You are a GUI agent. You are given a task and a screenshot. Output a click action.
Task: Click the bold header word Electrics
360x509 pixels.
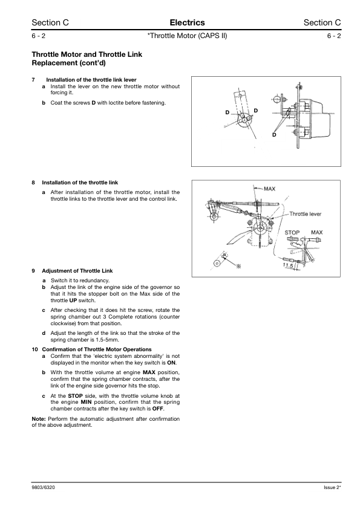pyautogui.click(x=187, y=22)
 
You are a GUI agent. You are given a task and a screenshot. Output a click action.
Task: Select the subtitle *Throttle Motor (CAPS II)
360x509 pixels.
pyautogui.click(x=187, y=36)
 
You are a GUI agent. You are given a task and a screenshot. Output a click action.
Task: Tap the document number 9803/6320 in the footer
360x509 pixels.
pyautogui.click(x=43, y=487)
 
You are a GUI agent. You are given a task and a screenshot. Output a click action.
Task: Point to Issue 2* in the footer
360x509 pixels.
pyautogui.click(x=332, y=487)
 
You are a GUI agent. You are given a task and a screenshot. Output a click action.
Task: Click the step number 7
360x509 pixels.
pyautogui.click(x=33, y=80)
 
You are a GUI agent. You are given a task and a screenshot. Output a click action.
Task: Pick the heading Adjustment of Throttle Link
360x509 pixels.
pyautogui.click(x=77, y=271)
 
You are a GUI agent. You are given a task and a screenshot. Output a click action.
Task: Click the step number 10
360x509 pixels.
pyautogui.click(x=34, y=349)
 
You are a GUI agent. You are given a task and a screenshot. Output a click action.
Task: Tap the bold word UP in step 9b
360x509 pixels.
pyautogui.click(x=73, y=300)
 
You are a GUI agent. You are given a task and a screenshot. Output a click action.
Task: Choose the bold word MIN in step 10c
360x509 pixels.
pyautogui.click(x=86, y=402)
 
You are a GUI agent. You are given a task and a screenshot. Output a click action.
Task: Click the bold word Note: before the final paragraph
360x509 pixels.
pyautogui.click(x=39, y=419)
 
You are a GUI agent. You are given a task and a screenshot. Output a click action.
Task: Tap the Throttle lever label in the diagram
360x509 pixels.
pyautogui.click(x=305, y=214)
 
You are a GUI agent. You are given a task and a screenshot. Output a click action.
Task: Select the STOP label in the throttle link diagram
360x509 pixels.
pyautogui.click(x=292, y=232)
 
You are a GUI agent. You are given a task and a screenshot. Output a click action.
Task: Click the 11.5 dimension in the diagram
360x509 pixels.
pyautogui.click(x=288, y=265)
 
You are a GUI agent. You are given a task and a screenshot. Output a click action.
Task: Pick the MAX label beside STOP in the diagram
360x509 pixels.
pyautogui.click(x=317, y=232)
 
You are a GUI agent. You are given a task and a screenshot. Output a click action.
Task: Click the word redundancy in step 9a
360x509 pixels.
pyautogui.click(x=94, y=280)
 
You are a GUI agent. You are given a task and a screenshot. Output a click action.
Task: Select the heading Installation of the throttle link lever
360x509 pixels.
pyautogui.click(x=91, y=80)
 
